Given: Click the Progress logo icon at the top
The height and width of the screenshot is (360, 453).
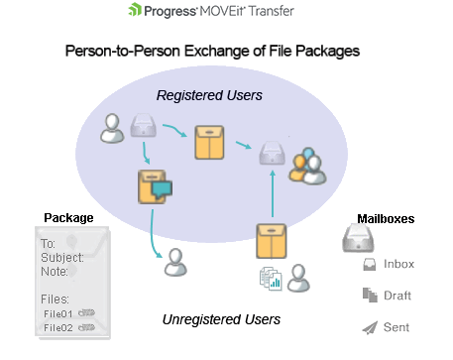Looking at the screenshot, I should tap(135, 12).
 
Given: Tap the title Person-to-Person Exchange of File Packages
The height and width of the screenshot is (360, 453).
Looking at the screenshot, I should tap(210, 50).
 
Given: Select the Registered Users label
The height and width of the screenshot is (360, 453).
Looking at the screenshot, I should tap(209, 96).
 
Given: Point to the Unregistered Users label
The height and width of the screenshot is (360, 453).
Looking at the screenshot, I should tap(221, 319).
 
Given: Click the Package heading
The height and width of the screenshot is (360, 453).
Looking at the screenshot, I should tap(68, 217).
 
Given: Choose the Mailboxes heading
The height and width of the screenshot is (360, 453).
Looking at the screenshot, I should tap(386, 218).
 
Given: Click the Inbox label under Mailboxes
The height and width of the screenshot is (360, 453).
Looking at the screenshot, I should tap(397, 264).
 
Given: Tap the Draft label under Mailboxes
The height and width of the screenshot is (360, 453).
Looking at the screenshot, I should tap(396, 296).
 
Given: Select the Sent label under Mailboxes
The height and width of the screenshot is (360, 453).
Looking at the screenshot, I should tap(396, 327).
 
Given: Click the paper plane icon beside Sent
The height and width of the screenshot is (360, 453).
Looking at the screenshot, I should tap(369, 327).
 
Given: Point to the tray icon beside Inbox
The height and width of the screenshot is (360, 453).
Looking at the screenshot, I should tap(369, 264).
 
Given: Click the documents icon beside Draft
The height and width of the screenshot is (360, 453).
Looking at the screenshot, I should tap(369, 295).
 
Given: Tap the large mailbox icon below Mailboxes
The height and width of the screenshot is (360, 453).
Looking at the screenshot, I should tap(358, 238).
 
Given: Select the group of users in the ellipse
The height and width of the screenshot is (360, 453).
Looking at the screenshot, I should tap(306, 167).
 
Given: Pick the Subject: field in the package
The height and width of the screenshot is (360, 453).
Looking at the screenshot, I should tap(62, 257).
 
